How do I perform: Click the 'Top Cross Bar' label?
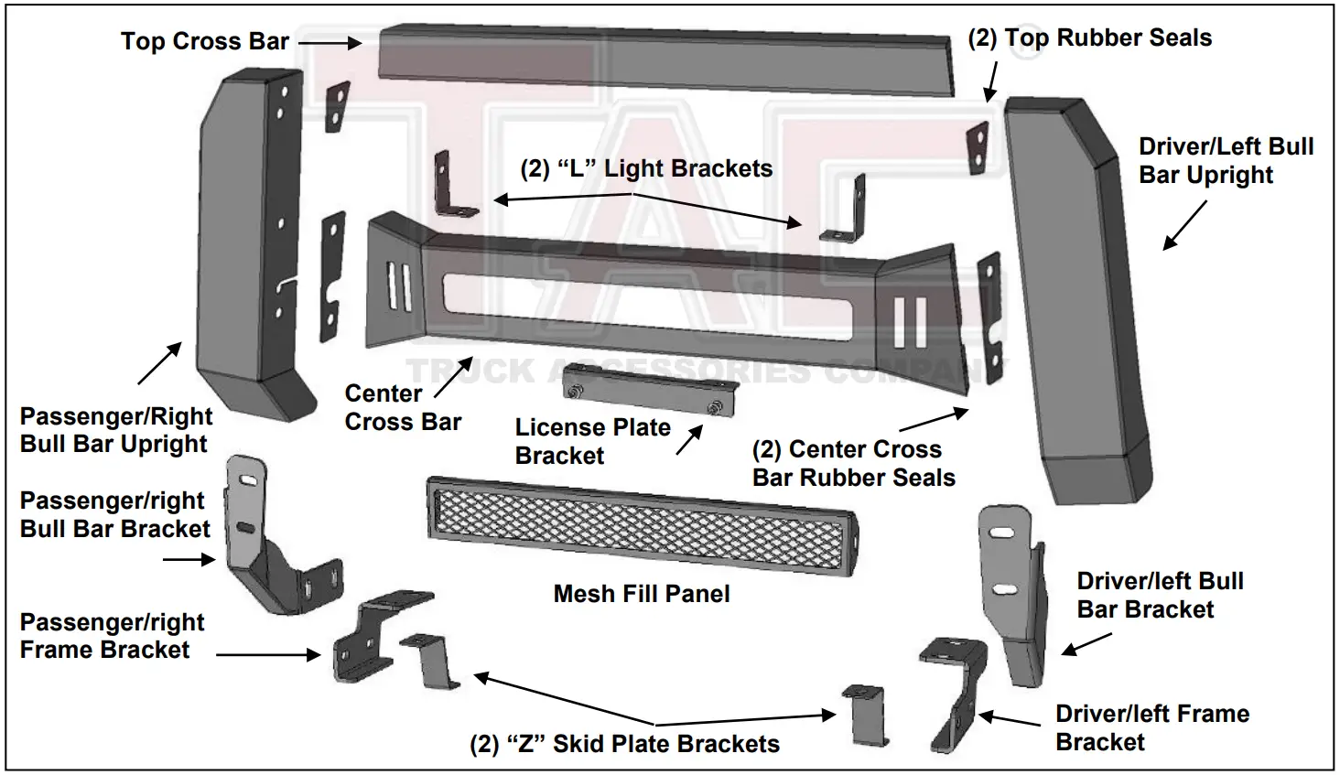pos(204,42)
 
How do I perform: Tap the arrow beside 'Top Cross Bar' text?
pos(330,42)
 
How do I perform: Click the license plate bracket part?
pos(652,391)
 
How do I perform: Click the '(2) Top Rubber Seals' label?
pos(1089,38)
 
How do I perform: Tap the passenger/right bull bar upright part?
pos(244,247)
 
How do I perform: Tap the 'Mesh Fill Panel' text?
pos(642,594)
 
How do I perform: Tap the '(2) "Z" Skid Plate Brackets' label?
pos(624,744)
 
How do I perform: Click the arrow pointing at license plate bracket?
pos(689,440)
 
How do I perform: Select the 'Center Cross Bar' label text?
pos(403,408)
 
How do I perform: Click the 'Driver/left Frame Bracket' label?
pos(1151,727)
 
